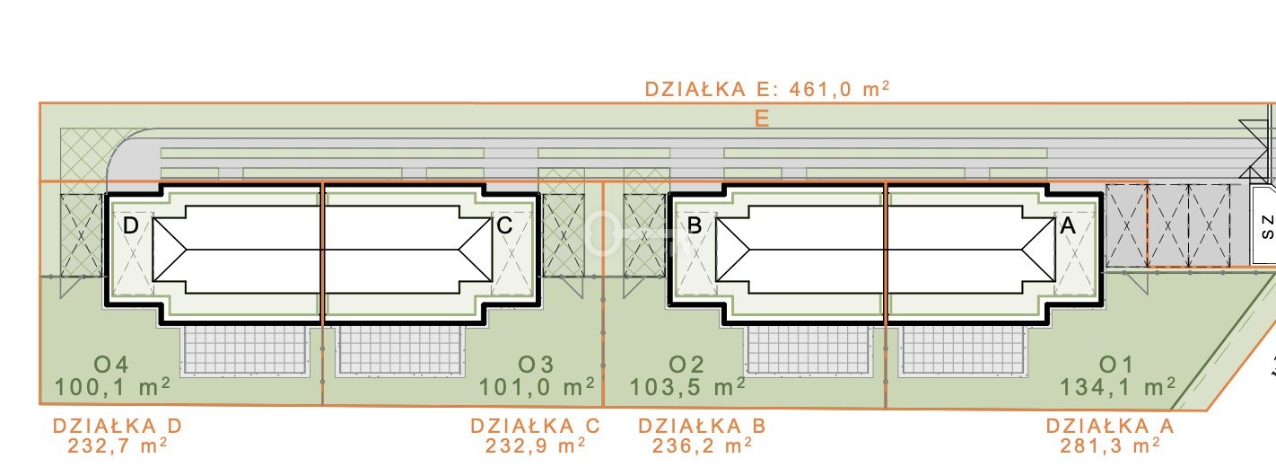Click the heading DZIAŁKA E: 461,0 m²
click(766, 89)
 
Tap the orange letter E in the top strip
click(762, 119)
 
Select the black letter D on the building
click(130, 225)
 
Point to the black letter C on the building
click(504, 225)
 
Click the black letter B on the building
click(695, 225)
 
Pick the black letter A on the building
click(1068, 225)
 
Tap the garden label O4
click(111, 365)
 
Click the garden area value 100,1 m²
click(112, 387)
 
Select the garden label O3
click(536, 365)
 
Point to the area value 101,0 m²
click(537, 387)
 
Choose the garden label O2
click(686, 365)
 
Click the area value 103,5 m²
click(687, 387)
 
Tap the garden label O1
click(1116, 365)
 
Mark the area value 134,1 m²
click(1118, 387)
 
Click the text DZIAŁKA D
click(118, 426)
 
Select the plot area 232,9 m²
click(536, 445)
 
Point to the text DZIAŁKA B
click(702, 426)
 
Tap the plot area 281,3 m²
click(1110, 445)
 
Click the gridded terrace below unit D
click(244, 350)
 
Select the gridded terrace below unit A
click(963, 350)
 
